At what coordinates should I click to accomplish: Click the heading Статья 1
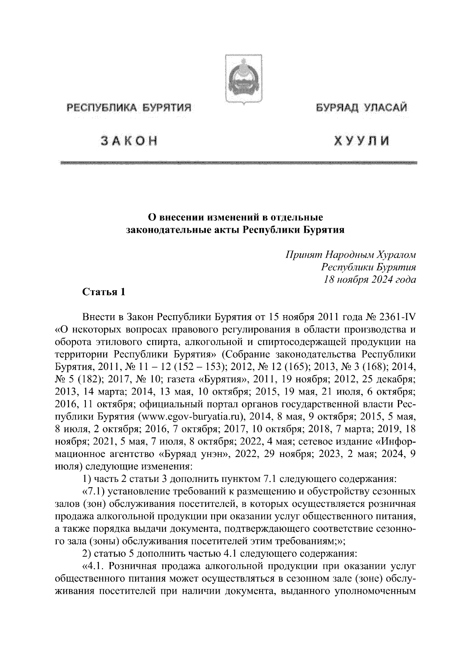point(104,292)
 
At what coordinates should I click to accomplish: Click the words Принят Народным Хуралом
point(351,255)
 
